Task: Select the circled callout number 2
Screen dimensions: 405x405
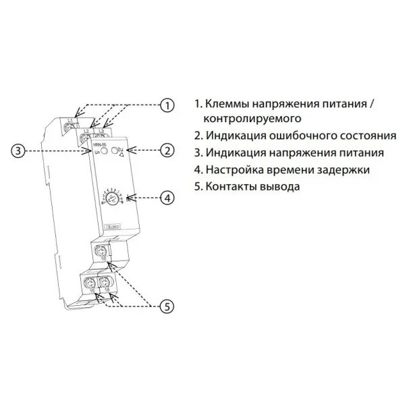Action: click(x=166, y=151)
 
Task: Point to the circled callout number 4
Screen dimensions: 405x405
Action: click(x=166, y=198)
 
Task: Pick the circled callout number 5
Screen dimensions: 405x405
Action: click(x=166, y=306)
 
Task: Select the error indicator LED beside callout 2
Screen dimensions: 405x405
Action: click(x=115, y=150)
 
